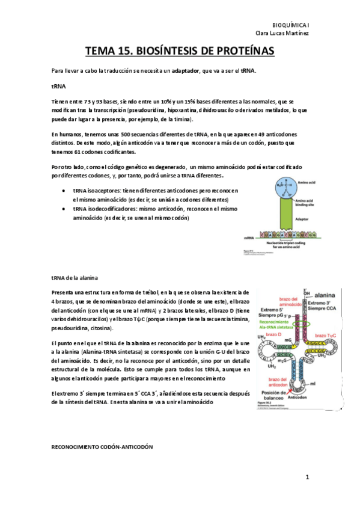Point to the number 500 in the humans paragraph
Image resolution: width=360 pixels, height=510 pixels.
[x=127, y=134]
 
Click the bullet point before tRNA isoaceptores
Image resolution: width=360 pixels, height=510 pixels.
[x=64, y=190]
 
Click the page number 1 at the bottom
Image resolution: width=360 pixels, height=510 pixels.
[x=307, y=478]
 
